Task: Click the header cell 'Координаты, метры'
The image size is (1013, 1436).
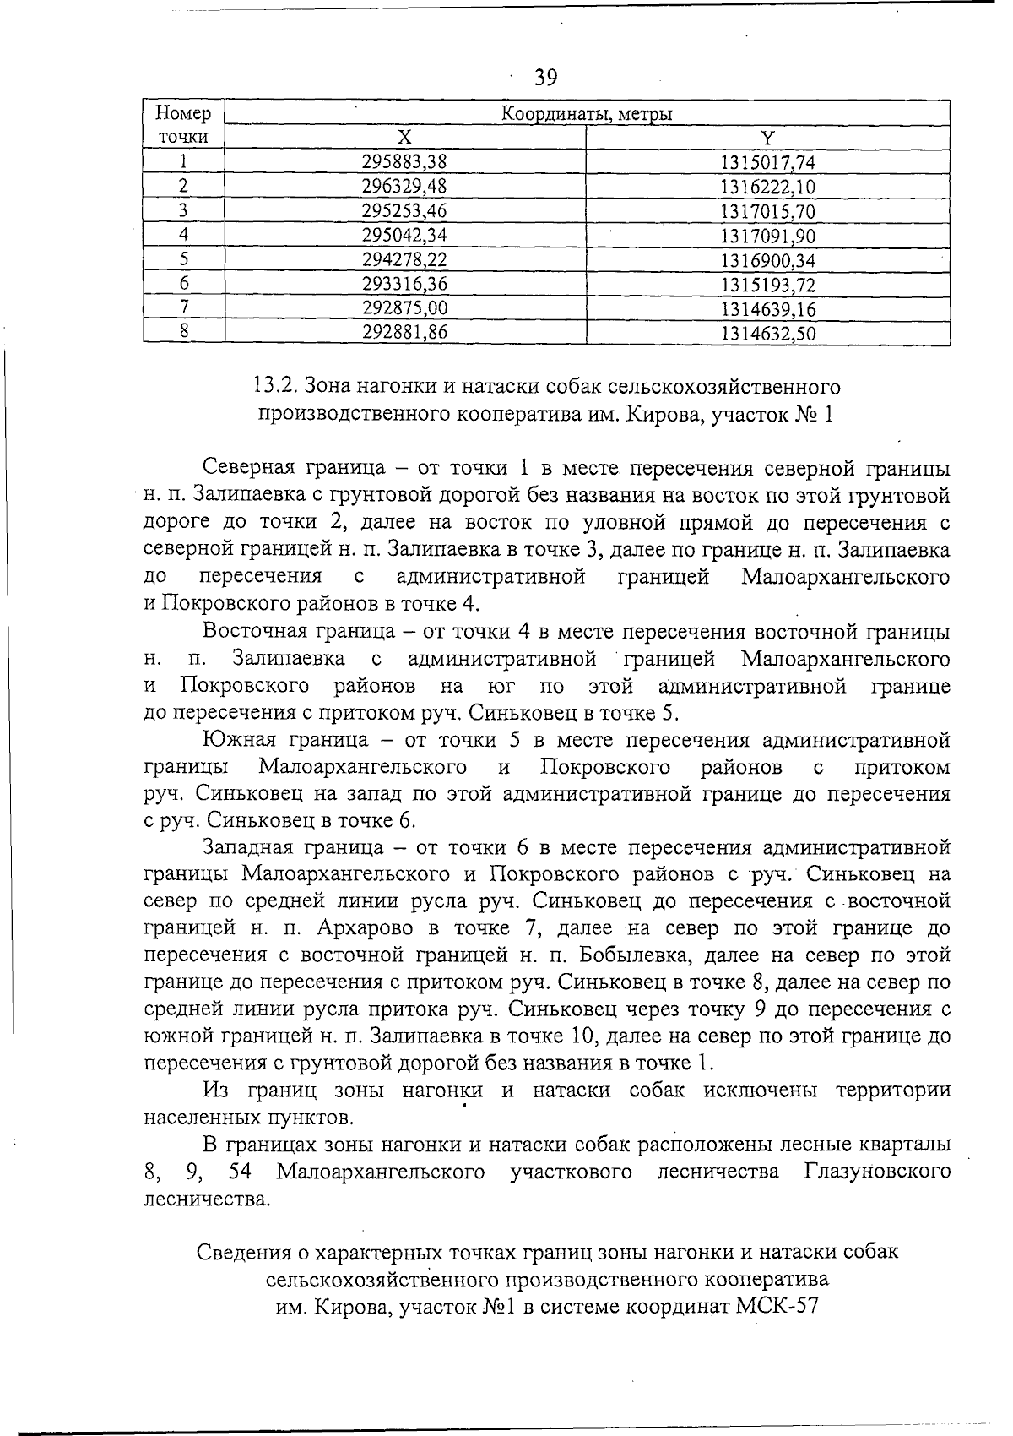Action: tap(588, 114)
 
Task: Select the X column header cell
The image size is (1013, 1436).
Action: tap(404, 138)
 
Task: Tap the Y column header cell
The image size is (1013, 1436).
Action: tap(767, 138)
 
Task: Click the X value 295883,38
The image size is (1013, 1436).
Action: tap(404, 162)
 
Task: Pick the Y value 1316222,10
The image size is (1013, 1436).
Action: tap(767, 187)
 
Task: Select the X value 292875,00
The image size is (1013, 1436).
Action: tap(404, 308)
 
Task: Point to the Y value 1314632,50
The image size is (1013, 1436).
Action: tap(767, 333)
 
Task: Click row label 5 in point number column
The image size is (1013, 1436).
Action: tap(183, 259)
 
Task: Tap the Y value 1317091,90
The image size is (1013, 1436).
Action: tap(767, 236)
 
